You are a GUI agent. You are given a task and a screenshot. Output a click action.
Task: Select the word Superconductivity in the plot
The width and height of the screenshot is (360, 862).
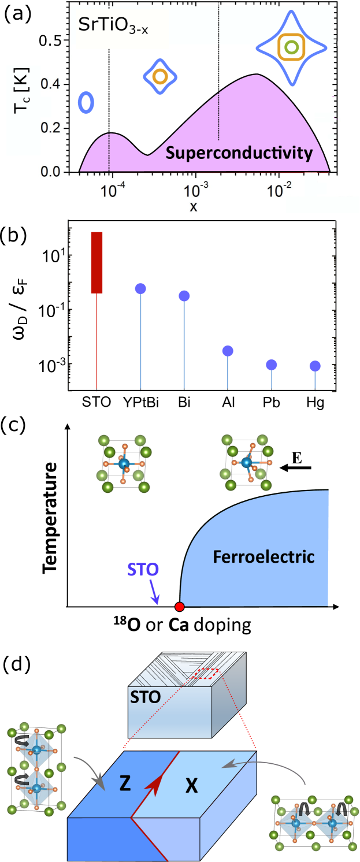tap(239, 153)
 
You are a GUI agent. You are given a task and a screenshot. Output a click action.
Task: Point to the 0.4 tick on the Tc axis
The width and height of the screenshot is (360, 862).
tap(50, 84)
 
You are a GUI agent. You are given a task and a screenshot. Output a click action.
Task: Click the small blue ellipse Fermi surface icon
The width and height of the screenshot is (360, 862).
tap(86, 102)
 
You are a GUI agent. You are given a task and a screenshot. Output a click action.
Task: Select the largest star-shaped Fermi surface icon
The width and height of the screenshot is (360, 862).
tap(292, 47)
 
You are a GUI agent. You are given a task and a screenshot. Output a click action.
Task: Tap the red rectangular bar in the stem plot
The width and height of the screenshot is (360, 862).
tap(97, 262)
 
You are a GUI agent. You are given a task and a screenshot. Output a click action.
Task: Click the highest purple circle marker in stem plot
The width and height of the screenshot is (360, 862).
tap(140, 288)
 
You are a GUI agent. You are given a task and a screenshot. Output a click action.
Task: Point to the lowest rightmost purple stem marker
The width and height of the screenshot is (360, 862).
tap(315, 366)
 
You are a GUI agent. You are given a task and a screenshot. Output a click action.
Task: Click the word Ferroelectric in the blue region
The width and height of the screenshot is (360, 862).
tap(263, 557)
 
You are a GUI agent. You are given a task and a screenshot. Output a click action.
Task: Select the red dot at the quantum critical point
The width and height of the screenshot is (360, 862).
tap(180, 607)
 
